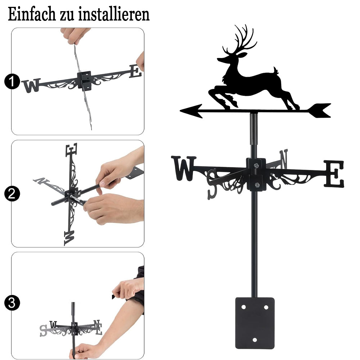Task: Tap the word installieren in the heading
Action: (114, 14)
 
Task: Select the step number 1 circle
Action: (12, 81)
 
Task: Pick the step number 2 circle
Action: (12, 194)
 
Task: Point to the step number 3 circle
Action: (12, 303)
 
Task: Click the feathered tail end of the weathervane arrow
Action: (319, 111)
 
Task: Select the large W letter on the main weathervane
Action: (184, 168)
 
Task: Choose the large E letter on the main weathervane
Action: (334, 174)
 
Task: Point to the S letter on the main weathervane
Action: (212, 184)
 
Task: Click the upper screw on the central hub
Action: (256, 165)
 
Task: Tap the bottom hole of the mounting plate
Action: (255, 340)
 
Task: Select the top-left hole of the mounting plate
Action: (243, 307)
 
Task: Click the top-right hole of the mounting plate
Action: (266, 307)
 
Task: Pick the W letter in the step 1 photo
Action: (31, 85)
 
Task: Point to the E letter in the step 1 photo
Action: (136, 71)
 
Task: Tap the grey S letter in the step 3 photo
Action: (44, 330)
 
